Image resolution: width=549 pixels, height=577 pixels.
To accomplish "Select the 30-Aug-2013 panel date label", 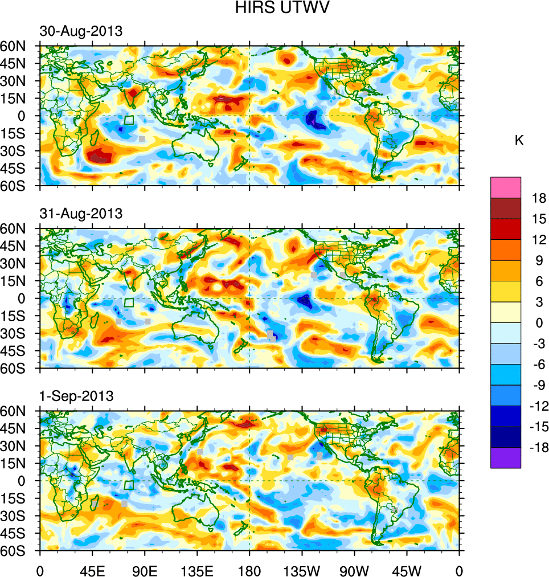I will (81, 31).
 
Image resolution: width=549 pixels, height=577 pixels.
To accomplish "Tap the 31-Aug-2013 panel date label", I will (81, 214).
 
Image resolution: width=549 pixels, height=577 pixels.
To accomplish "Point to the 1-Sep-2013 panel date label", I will (77, 396).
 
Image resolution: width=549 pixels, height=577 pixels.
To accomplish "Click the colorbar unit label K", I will (519, 141).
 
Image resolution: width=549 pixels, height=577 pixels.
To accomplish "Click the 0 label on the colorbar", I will (539, 323).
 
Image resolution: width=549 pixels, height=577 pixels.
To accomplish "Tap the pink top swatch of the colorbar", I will (506, 187).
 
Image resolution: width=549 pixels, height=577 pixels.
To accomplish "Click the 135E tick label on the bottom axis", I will (197, 570).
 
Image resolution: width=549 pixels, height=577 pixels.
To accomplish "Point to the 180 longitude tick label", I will (249, 570).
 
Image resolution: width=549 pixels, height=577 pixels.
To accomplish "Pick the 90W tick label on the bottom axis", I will (354, 570).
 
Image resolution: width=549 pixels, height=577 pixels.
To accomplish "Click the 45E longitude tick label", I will (92, 570).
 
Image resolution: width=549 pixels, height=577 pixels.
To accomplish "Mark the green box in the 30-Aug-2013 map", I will (129, 120).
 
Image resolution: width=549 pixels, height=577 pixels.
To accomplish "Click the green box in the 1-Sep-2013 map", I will (129, 485).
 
